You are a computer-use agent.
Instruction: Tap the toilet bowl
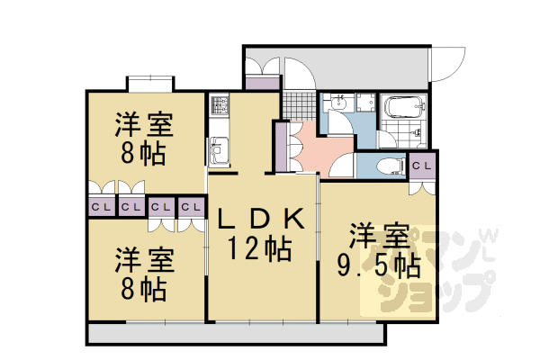pos(386,166)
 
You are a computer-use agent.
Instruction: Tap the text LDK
pos(262,219)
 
